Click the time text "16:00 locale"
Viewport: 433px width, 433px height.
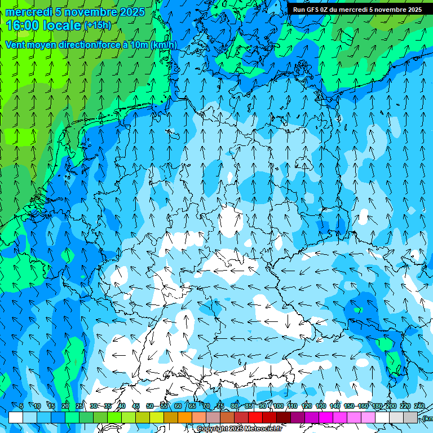click(43, 25)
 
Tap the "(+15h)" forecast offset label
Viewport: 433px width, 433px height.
click(97, 25)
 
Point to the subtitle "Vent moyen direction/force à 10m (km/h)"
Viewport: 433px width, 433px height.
click(91, 45)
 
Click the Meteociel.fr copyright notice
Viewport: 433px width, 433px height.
click(239, 428)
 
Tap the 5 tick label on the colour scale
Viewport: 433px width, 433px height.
click(21, 406)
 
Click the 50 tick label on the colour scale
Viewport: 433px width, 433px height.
click(149, 406)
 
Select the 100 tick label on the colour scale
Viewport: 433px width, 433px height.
click(279, 406)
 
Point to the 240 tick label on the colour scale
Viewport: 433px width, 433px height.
click(419, 406)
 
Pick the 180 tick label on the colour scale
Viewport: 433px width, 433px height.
click(377, 406)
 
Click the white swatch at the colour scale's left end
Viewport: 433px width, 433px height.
click(16, 417)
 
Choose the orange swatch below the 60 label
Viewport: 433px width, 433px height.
click(171, 417)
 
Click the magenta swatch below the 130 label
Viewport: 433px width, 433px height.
click(312, 417)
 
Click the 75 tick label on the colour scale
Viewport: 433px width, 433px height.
click(220, 406)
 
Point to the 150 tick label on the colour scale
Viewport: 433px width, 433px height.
click(349, 406)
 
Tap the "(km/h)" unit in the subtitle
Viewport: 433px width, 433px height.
click(164, 45)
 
